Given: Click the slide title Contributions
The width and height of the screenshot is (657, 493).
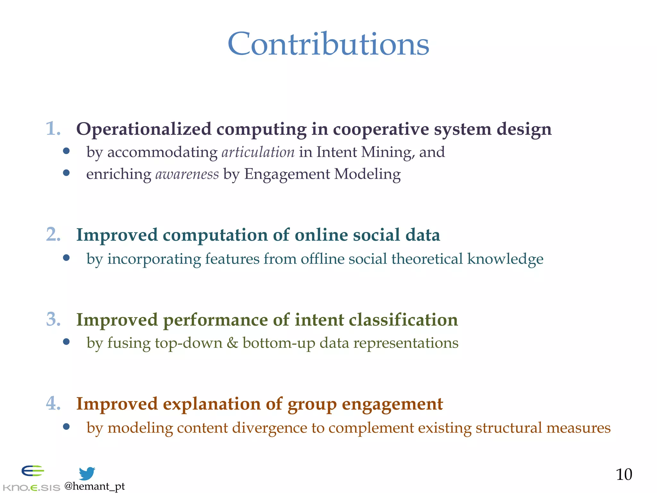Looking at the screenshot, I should point(328,44).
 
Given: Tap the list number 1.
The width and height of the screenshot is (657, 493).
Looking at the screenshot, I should point(53,129).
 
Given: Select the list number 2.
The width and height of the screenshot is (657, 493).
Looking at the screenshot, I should point(53,234).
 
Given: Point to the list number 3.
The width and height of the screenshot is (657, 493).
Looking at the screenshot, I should point(53,319).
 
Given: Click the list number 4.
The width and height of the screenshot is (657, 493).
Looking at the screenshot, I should point(53,403).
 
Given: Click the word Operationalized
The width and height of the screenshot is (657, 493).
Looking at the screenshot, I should point(144,129).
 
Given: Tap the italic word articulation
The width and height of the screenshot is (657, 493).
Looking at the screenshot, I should point(258,152).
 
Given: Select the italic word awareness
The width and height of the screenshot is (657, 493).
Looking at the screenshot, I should point(187,174).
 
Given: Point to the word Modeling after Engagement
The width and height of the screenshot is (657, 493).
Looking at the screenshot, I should point(367,174).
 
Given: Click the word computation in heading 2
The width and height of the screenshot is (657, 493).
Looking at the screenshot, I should point(215,235).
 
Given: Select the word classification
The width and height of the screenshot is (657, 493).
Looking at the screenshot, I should point(403,320).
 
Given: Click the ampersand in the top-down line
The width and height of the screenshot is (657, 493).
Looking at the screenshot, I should point(232,343).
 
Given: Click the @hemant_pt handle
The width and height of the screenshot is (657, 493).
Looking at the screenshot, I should point(95,486).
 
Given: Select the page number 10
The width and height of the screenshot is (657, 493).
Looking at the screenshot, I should point(624,474).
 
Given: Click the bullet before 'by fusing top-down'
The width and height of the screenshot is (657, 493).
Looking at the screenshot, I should point(66,342).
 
